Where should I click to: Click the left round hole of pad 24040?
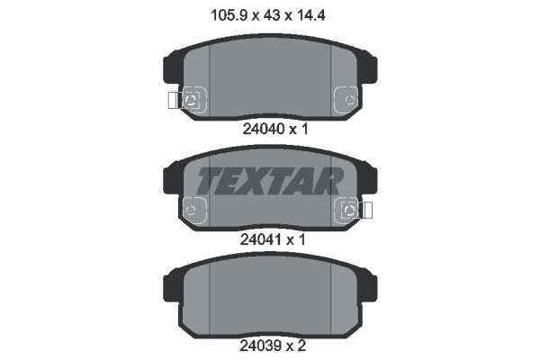point(192,98)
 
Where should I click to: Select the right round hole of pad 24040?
point(347,98)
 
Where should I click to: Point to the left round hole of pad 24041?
point(192,210)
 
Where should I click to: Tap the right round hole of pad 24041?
point(347,210)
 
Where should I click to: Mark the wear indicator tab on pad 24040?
point(174,98)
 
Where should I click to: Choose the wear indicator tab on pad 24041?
point(366,210)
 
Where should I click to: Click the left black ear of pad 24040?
point(170,70)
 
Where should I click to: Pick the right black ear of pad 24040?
point(370,70)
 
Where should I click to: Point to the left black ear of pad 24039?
point(170,288)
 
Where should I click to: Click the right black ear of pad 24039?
point(370,288)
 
